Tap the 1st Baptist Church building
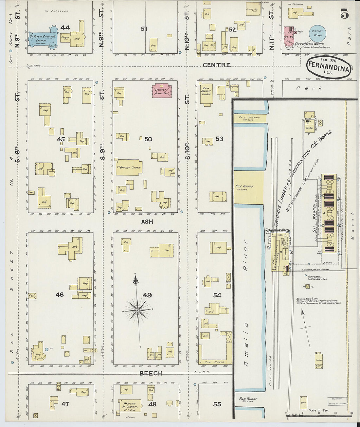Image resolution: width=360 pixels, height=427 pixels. coord(129,167)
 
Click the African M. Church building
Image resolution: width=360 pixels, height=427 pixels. coord(131,406)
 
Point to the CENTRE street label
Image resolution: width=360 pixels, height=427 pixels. coord(216,65)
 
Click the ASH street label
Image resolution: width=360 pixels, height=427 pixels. coord(147,222)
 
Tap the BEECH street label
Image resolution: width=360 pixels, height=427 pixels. coord(151,373)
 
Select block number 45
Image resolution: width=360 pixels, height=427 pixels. coord(61,139)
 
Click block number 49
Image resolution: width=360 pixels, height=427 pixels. coord(147,295)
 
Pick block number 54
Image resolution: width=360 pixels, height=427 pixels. coord(217,295)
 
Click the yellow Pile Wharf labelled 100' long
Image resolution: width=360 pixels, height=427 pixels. coord(248,187)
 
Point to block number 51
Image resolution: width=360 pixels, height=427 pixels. coord(144,29)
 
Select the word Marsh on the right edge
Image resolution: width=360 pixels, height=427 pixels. coord(352,226)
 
